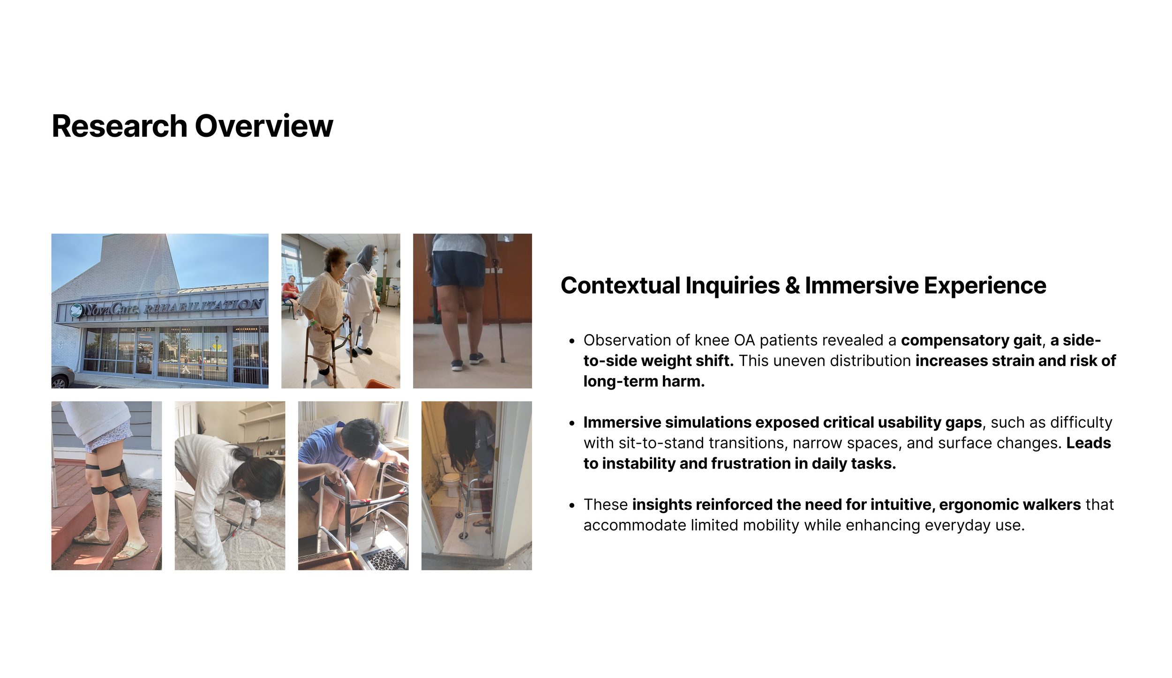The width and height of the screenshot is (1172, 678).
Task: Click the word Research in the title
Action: (120, 126)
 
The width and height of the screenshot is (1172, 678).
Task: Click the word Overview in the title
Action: (264, 126)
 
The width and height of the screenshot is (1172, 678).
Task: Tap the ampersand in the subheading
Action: (792, 285)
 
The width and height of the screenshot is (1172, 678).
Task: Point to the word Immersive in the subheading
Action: (861, 285)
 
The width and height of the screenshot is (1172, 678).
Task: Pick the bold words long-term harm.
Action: (644, 381)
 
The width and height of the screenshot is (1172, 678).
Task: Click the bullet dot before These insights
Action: (571, 506)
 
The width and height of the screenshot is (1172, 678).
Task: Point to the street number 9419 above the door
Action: (146, 330)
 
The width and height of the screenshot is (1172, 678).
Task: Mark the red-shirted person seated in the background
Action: (291, 293)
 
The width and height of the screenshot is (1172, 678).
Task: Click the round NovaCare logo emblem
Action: (76, 310)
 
